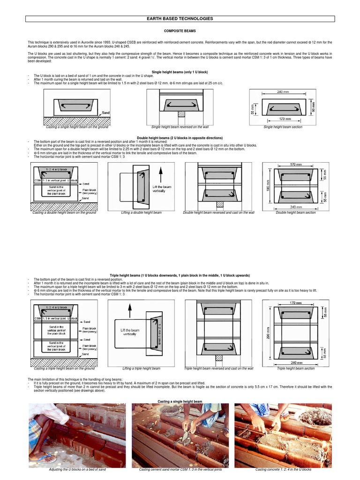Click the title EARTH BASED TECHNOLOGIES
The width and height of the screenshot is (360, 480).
coord(180,19)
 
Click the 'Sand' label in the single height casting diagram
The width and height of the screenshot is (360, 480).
coord(106,113)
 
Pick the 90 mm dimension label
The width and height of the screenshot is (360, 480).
coord(314,106)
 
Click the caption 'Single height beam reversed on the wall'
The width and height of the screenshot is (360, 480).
coord(180,127)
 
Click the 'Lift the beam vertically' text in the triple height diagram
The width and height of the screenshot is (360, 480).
coord(130,332)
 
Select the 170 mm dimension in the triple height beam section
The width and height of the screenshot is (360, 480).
coord(296,303)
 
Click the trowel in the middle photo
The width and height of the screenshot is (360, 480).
coord(185,438)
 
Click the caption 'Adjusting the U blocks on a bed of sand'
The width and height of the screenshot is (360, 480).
coord(77,469)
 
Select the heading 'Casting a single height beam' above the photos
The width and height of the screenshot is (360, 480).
coord(180,402)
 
